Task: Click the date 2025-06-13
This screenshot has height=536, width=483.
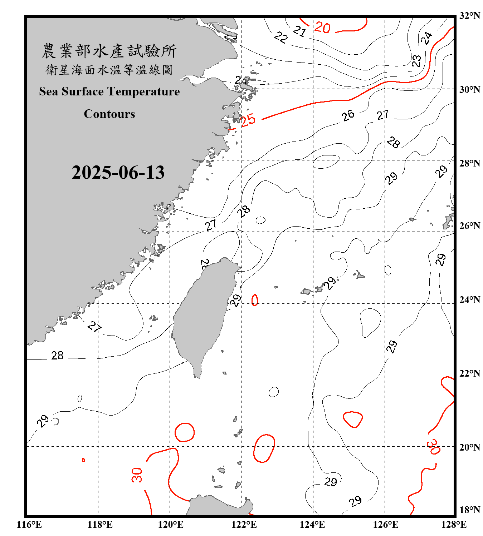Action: tap(118, 173)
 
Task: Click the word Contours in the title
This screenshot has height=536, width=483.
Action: tap(109, 114)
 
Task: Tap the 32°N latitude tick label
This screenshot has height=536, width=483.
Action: tap(469, 15)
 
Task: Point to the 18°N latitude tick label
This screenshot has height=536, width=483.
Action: tap(469, 510)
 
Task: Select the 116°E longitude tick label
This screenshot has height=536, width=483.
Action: tap(29, 525)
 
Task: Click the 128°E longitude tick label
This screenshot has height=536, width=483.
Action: tap(454, 525)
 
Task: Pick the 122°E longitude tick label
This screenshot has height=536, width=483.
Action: tap(244, 525)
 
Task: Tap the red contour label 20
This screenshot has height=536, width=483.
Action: tap(322, 28)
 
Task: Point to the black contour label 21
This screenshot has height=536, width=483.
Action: tap(299, 31)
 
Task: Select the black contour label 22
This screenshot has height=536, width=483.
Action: tap(281, 37)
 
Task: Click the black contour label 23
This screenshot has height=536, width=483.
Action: tap(416, 61)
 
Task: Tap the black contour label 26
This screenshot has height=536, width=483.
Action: tap(348, 115)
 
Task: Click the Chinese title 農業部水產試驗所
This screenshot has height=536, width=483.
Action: tap(109, 51)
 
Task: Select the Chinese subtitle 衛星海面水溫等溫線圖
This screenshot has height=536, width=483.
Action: tap(109, 70)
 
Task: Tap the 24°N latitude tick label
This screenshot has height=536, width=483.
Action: tap(469, 299)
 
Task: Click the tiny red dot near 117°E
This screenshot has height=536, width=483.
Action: tap(83, 460)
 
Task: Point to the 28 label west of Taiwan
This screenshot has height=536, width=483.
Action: tap(57, 356)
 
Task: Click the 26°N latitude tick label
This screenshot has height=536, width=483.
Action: tap(469, 225)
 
